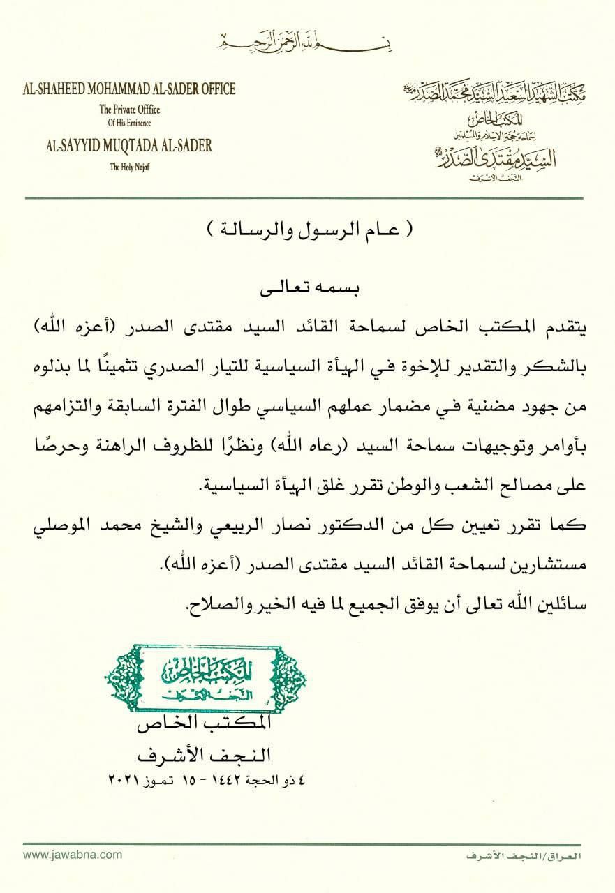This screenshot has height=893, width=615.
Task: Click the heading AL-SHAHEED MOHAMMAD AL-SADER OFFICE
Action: click(128, 89)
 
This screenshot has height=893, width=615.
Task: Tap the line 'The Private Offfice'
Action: click(129, 109)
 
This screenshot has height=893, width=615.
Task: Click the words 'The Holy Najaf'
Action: click(129, 166)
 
